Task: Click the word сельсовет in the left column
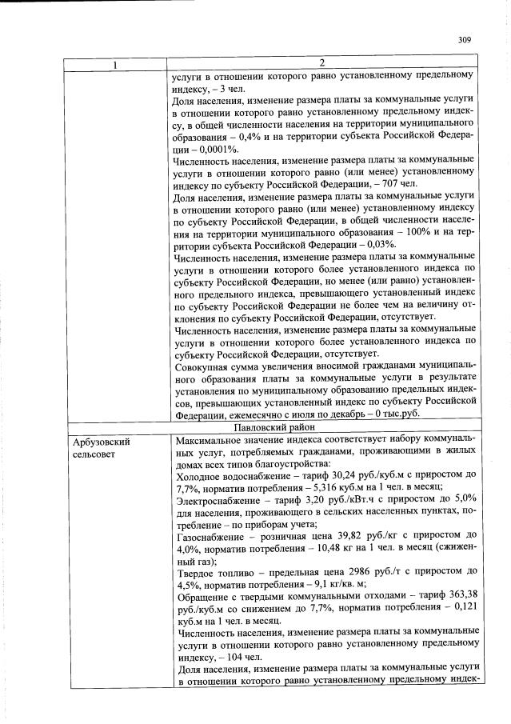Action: tap(94, 454)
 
